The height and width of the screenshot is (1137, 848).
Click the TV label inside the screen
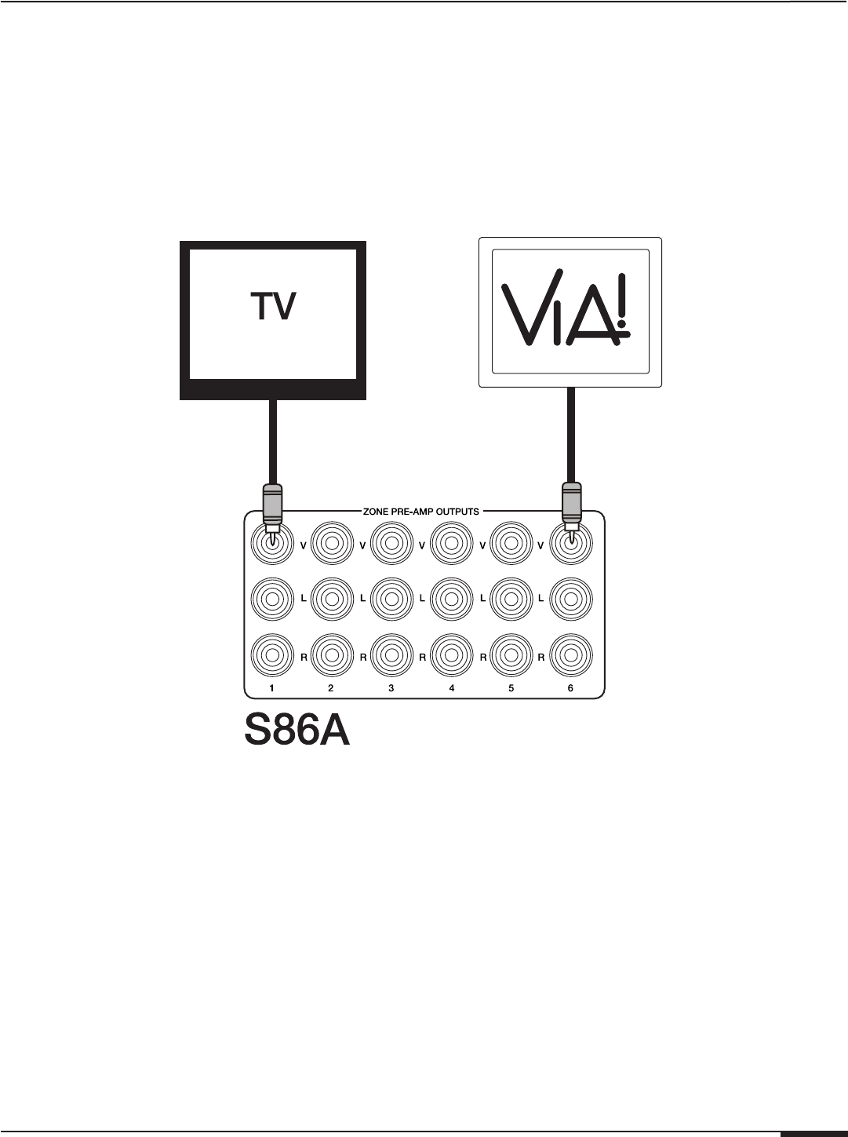tap(273, 307)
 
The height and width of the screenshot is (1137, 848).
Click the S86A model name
tap(296, 731)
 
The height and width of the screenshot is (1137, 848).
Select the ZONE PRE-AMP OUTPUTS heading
tap(420, 512)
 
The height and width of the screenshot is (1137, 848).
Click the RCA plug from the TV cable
tap(271, 506)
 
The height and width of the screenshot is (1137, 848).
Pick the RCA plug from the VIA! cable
tap(570, 506)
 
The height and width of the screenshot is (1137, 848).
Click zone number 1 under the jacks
tap(271, 688)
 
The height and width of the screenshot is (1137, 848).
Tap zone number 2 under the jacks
tap(331, 688)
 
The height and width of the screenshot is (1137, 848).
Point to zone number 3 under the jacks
tap(391, 688)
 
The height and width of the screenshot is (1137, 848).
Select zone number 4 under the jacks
tap(451, 688)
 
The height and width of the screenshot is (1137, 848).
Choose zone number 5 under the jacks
tap(511, 688)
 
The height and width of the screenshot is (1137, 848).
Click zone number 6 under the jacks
tap(570, 688)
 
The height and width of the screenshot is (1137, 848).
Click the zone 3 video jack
tap(391, 541)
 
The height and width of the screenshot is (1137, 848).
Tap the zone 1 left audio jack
tap(271, 599)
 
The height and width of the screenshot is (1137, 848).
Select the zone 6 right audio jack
tap(570, 657)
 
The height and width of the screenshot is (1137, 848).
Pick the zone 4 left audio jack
tap(451, 599)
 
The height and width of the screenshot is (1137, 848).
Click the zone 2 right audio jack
tap(331, 657)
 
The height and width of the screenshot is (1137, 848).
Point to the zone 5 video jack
tap(511, 541)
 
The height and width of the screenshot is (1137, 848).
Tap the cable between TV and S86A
tap(271, 439)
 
